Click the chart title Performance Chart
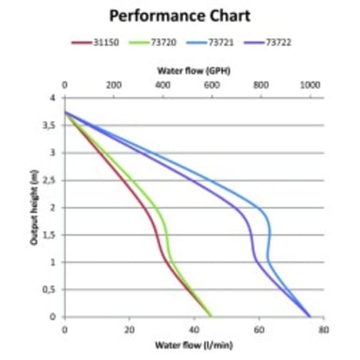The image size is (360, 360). coord(179,15)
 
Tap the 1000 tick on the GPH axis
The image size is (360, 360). coord(310,84)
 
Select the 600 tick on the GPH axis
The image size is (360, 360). coord(211,84)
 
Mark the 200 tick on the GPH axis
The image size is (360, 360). coord(113,84)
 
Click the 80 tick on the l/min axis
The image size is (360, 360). coord(323,329)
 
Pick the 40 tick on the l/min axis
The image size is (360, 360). coord(194,329)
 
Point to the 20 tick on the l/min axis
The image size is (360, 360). coord(129,329)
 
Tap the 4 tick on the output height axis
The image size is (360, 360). coord(54,98)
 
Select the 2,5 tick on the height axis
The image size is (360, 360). coord(50,180)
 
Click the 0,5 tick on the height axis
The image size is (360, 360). coord(50,289)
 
